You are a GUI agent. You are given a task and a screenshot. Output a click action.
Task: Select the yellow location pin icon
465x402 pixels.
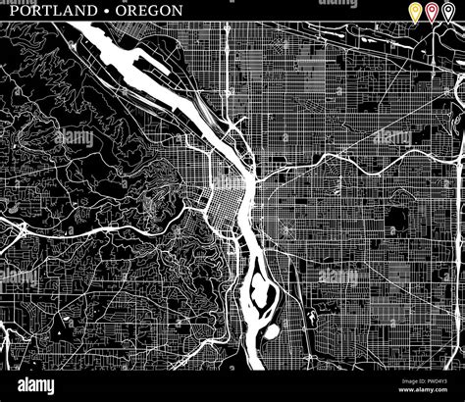pos(415,13)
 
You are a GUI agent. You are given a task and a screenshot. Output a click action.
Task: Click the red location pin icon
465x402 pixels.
pos(432,13)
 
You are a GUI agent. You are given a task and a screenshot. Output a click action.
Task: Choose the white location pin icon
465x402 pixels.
pos(448,13)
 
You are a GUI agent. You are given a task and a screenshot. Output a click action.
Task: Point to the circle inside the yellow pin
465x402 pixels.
pos(415,11)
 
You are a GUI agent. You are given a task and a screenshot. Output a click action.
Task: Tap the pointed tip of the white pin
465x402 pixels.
pos(448,23)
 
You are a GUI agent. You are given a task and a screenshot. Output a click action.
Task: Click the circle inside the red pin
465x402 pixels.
pos(432,11)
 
